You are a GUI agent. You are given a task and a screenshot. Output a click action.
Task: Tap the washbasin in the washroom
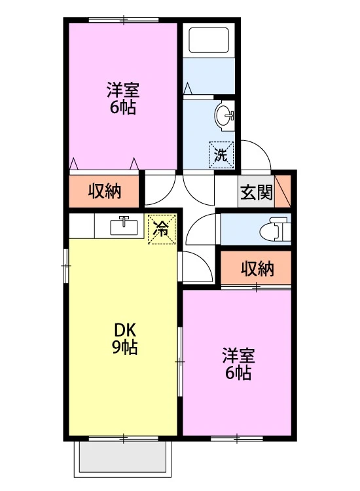coord(225,116)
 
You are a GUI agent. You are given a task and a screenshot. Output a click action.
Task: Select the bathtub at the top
coord(209,41)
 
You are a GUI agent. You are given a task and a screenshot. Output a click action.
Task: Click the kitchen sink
coord(124,226)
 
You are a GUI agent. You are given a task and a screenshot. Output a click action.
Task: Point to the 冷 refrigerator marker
coord(162,228)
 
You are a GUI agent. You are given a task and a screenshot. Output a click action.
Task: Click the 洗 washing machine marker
coord(222,155)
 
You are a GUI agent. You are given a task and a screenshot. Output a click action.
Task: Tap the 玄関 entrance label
coord(257,192)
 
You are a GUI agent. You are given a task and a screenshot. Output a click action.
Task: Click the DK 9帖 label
coord(124,338)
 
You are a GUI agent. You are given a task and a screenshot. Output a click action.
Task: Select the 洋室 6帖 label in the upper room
coord(122,98)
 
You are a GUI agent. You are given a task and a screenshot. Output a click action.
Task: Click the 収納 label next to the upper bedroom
coord(104,191)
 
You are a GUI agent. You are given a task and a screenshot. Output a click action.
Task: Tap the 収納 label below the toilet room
coord(257,268)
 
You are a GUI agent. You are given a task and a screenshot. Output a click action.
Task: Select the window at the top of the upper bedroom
coord(124,20)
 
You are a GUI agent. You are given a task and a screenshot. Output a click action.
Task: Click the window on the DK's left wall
coord(65,266)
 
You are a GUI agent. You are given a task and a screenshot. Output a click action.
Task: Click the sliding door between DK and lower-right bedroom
coord(180,361)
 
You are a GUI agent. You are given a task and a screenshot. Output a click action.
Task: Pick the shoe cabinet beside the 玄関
coord(283,192)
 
